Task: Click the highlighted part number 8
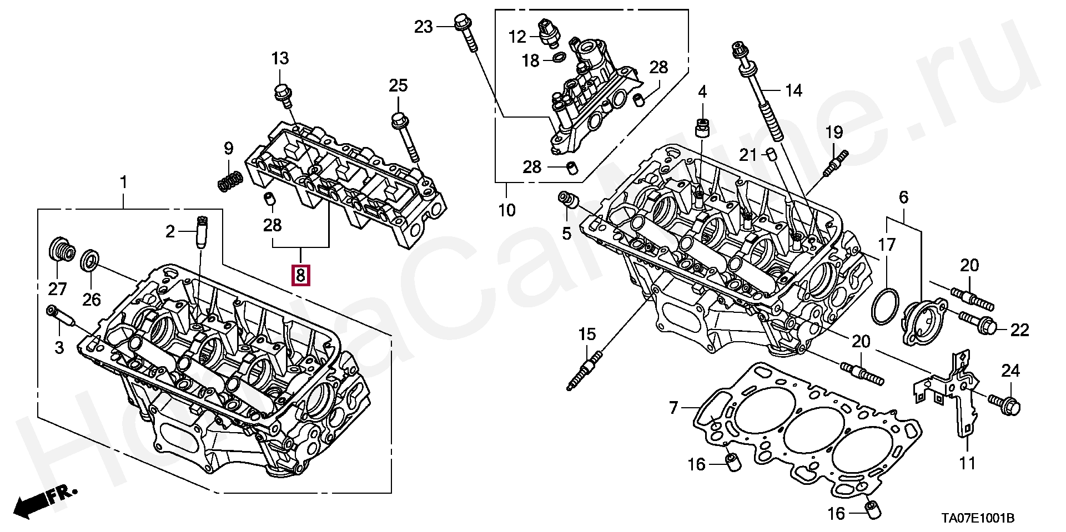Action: click(300, 275)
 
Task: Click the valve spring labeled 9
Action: click(230, 181)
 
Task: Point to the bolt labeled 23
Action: click(466, 34)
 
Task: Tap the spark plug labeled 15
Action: click(584, 369)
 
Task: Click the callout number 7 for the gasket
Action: click(673, 409)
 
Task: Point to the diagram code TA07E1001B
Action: click(977, 519)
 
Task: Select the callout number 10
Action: click(507, 211)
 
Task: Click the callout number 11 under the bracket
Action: click(968, 463)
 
